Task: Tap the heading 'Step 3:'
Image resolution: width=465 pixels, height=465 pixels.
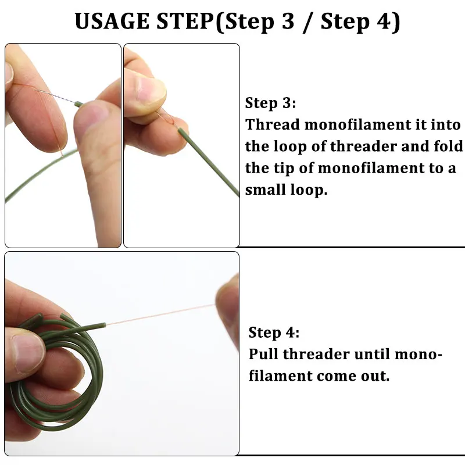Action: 270,103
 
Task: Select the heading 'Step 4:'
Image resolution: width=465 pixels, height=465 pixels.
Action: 274,333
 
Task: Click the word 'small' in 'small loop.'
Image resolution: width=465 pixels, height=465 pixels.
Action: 267,190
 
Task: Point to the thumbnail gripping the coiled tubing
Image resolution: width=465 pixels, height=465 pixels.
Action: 26,352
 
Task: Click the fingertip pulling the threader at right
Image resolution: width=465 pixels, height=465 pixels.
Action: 228,299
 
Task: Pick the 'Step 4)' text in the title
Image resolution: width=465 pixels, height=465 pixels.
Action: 360,22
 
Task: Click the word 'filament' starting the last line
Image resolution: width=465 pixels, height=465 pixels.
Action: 280,376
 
